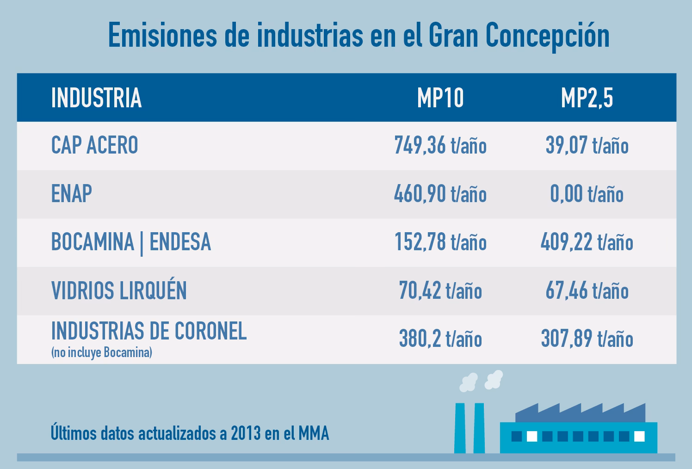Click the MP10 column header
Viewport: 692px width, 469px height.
tap(440, 98)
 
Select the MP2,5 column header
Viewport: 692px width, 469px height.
tap(587, 98)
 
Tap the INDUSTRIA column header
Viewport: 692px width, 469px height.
tap(96, 98)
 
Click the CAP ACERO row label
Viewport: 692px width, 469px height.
tap(94, 146)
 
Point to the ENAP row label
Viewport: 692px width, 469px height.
tap(71, 194)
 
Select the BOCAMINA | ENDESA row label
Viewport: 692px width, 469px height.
tap(131, 242)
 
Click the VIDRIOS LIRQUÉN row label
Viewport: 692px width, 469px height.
tap(119, 291)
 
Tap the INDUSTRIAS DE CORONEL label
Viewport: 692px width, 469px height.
tap(148, 331)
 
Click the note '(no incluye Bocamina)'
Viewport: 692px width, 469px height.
tap(101, 353)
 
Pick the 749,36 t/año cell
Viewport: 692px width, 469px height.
tap(440, 146)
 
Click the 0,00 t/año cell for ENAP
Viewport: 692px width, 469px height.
tap(587, 194)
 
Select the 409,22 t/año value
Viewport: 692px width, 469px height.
tap(587, 242)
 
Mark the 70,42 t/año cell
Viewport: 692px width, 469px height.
tap(440, 291)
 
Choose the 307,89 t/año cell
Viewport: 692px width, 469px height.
tap(587, 339)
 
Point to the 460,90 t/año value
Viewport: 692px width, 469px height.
tap(440, 194)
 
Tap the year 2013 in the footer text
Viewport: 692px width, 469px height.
tap(246, 434)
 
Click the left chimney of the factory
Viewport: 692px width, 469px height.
tap(460, 428)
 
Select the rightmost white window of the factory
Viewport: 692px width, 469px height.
tap(639, 436)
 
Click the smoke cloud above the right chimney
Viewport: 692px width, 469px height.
tap(494, 379)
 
